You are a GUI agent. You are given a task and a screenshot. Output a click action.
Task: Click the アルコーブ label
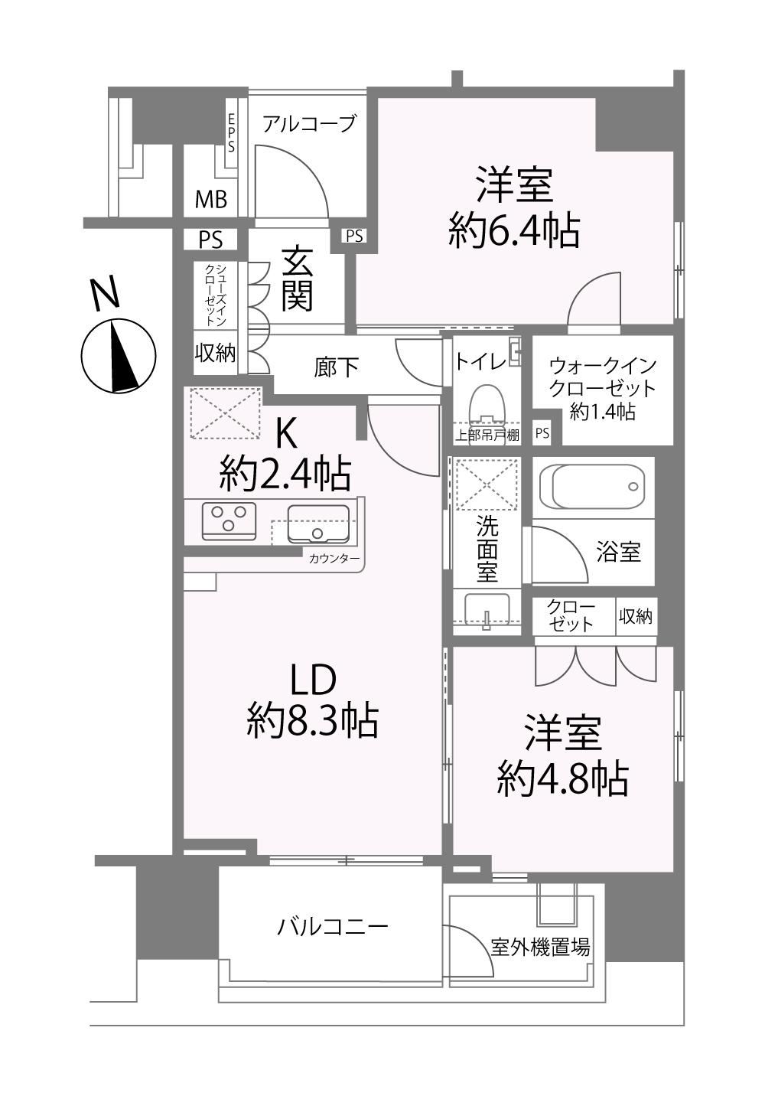(309, 123)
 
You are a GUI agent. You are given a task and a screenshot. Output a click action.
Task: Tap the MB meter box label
(211, 199)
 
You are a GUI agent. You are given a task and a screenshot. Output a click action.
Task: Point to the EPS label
(231, 133)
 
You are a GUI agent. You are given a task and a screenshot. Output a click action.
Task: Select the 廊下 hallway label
(336, 367)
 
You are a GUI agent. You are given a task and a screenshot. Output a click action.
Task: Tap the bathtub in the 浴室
(594, 487)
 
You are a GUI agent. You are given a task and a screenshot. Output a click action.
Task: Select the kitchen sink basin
(318, 524)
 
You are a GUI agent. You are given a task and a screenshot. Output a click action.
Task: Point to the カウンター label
(334, 559)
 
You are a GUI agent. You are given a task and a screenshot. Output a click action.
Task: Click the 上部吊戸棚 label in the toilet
(487, 435)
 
